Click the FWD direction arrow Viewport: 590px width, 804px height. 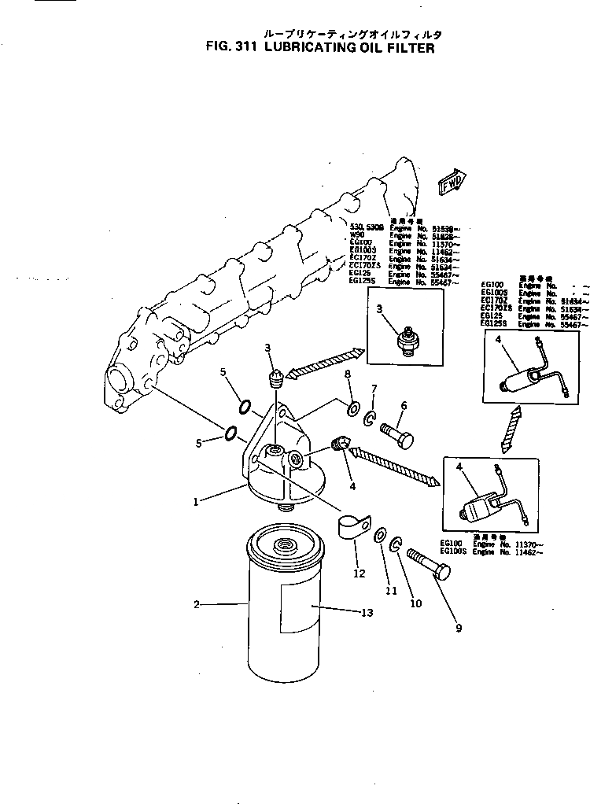(452, 183)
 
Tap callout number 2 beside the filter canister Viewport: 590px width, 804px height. (197, 605)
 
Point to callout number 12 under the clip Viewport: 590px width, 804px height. (360, 573)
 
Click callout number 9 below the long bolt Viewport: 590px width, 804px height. (458, 627)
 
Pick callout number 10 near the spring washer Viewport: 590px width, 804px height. (415, 603)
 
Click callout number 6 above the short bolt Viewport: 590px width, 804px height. (403, 405)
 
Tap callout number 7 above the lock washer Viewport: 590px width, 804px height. (374, 389)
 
